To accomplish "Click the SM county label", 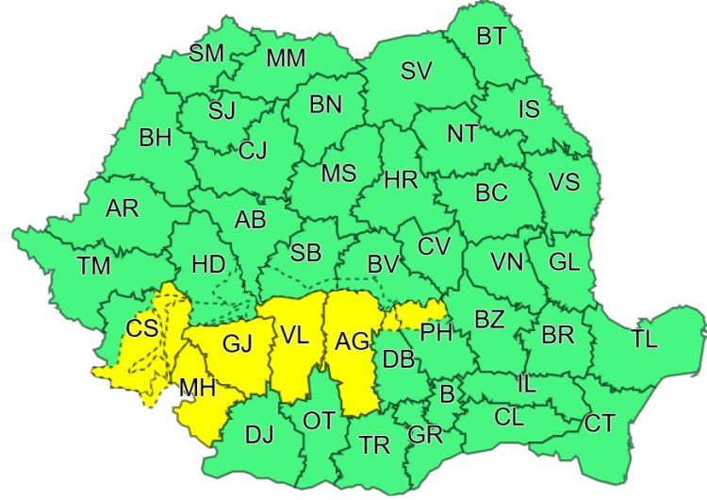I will [206, 53].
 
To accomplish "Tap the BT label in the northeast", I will [490, 37].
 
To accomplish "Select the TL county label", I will [645, 341].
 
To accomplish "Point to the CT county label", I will [600, 424].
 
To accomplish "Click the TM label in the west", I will [94, 266].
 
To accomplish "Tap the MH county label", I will [197, 387].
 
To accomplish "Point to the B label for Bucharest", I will [447, 392].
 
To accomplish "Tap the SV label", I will [416, 71].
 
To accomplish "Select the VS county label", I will [564, 182].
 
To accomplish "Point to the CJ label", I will [253, 150].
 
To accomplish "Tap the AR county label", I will [122, 209].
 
